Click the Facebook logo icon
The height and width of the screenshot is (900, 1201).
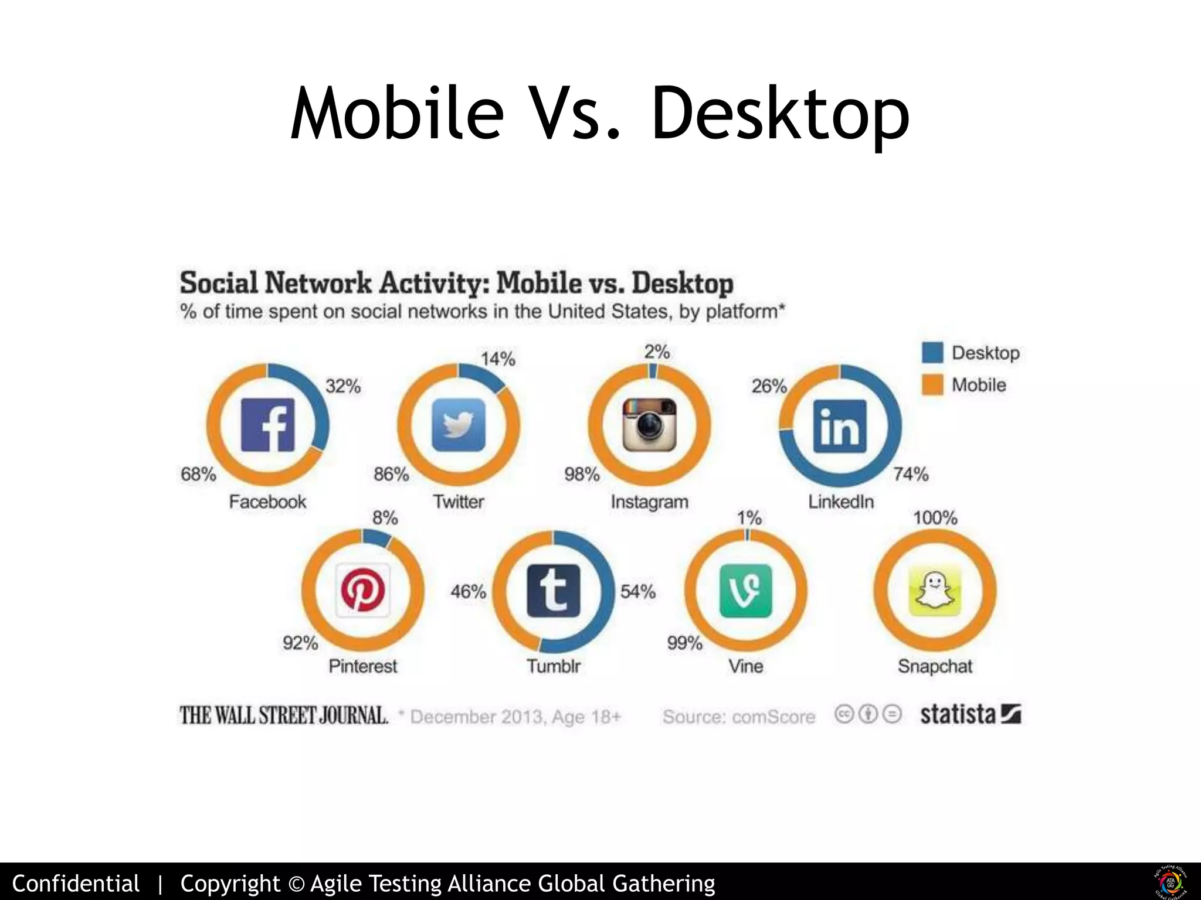pos(268,425)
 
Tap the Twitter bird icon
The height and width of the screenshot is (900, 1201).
pos(459,425)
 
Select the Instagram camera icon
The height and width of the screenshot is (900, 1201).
pos(649,425)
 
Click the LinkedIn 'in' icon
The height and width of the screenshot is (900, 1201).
pos(840,426)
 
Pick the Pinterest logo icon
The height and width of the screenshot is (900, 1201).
pos(363,591)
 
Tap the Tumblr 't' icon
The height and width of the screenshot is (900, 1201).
pos(554,591)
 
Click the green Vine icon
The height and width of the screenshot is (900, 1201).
pos(745,591)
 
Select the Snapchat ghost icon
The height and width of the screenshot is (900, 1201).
pos(935,591)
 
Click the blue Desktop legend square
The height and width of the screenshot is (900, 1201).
pos(932,353)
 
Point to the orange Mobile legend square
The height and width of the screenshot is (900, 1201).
pos(932,385)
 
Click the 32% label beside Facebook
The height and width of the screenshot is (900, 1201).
pos(343,387)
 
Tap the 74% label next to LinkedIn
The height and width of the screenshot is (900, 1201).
pos(911,474)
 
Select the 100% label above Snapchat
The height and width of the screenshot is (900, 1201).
pos(935,518)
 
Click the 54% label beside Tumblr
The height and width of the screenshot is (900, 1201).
pos(638,592)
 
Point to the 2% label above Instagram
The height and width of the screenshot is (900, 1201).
pos(657,352)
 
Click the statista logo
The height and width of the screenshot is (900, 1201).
pos(971,715)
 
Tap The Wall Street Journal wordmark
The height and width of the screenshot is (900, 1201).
pos(284,715)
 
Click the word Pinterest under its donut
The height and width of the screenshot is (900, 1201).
pos(363,666)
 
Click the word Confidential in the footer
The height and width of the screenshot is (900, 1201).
pos(76,883)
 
